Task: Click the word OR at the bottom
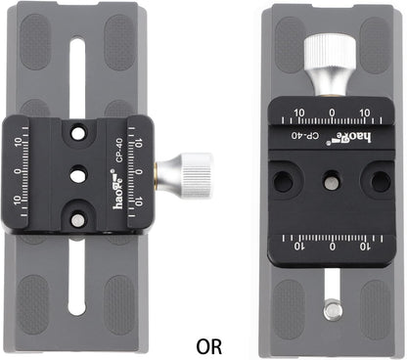(208, 345)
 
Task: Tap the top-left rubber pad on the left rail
(41, 38)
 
